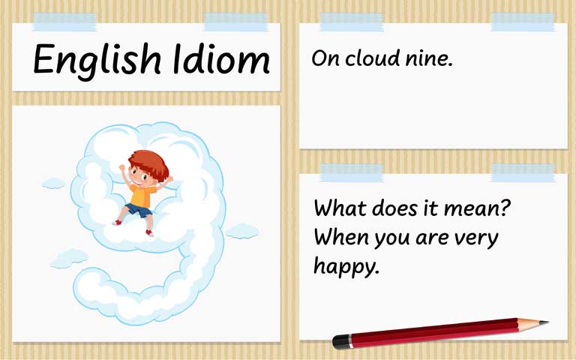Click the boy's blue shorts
tap(139, 211)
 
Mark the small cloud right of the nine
tap(241, 231)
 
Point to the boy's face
tap(139, 175)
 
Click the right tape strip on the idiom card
tap(522, 22)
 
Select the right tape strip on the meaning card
tap(522, 172)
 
